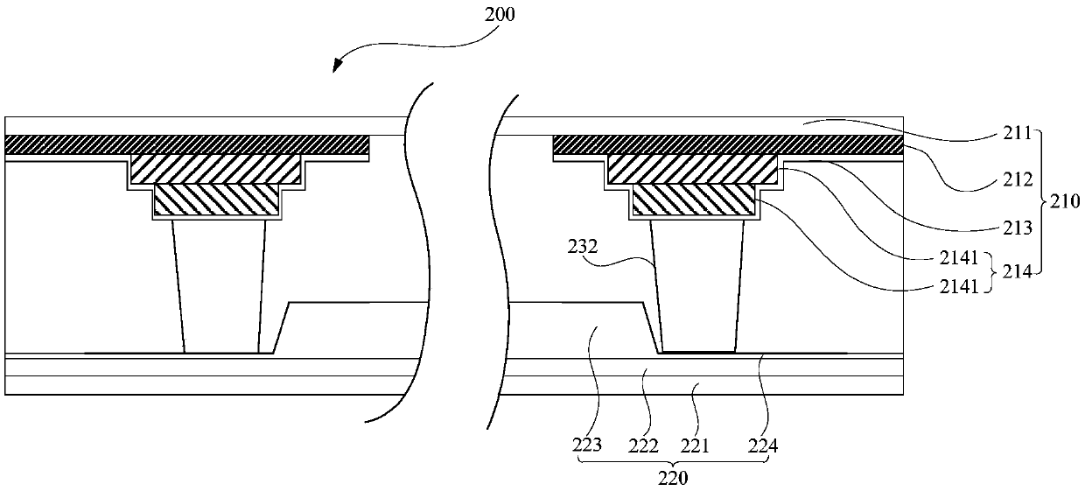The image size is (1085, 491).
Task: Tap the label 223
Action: pyautogui.click(x=588, y=445)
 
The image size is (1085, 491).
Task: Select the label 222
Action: pyautogui.click(x=643, y=445)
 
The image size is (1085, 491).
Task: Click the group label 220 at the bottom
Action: pyautogui.click(x=674, y=480)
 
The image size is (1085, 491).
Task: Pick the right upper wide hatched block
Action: pyautogui.click(x=692, y=169)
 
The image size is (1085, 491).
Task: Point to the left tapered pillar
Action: pyautogui.click(x=220, y=284)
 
